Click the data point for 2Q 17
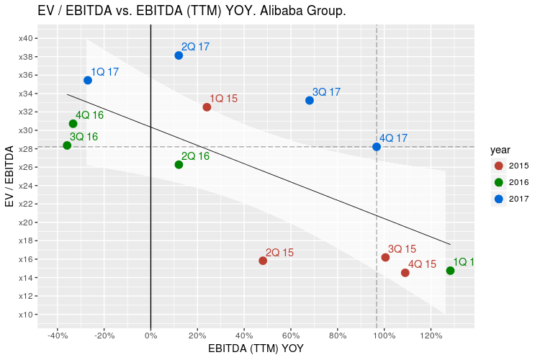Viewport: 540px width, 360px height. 179,55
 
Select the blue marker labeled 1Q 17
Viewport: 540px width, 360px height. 88,80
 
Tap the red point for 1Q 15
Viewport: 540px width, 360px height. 207,107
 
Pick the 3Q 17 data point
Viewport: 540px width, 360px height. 310,100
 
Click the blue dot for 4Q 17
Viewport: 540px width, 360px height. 377,147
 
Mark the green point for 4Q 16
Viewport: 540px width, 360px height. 73,124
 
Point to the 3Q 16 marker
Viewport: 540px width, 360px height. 67,145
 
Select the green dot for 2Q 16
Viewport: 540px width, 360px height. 179,165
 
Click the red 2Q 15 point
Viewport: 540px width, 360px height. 263,261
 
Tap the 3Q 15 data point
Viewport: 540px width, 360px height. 385,257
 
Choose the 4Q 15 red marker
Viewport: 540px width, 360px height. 405,273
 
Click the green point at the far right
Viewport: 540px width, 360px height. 450,271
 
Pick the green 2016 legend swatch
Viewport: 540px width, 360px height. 498,182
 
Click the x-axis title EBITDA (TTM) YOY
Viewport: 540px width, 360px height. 256,348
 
